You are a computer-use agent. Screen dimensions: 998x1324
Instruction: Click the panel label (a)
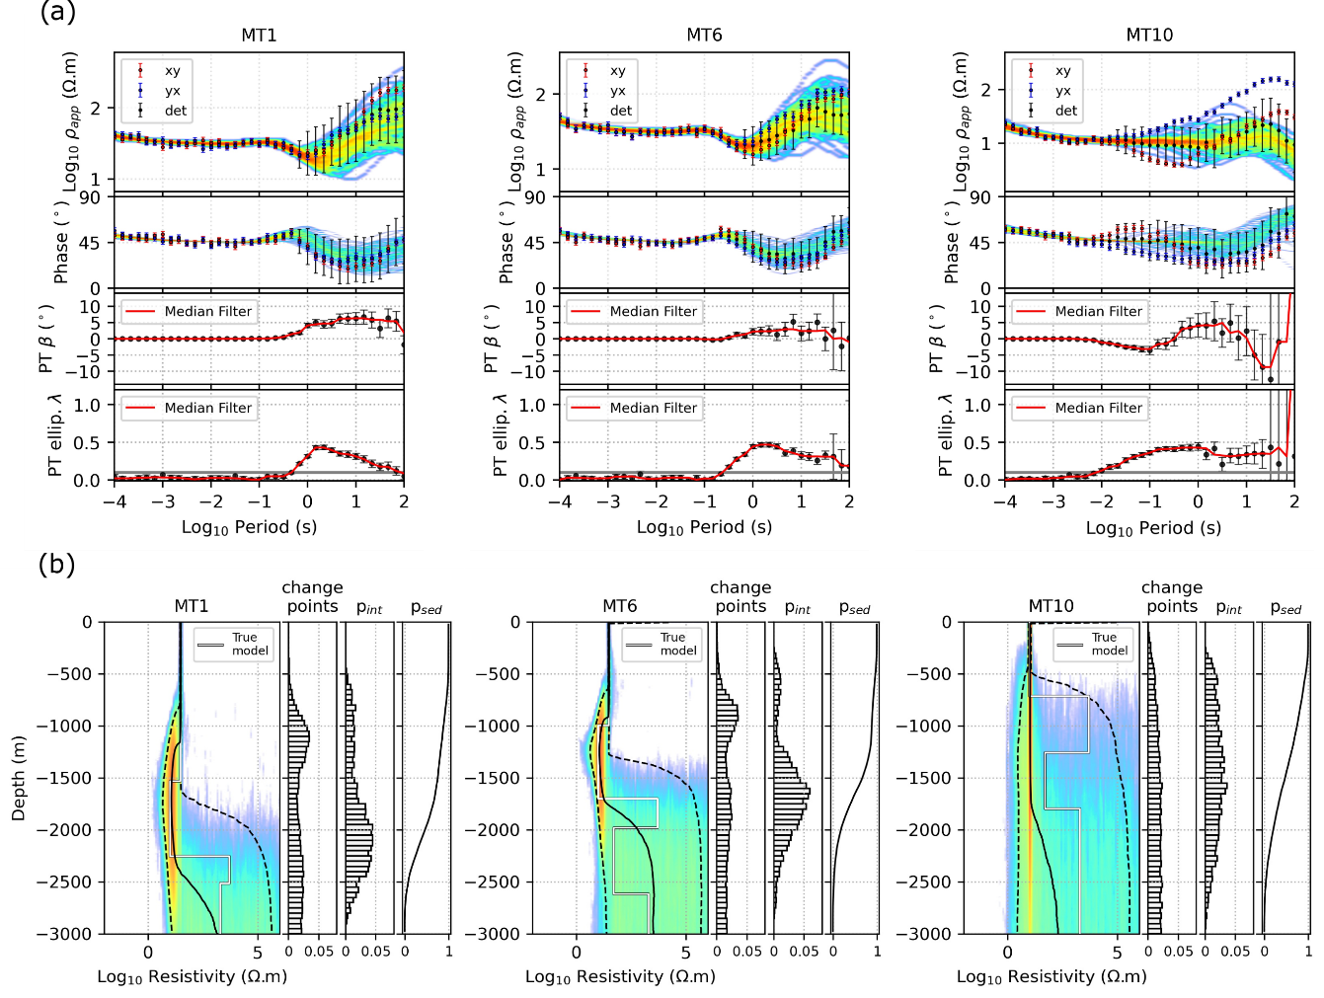[x=56, y=13]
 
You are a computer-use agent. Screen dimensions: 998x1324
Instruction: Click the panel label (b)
[x=56, y=564]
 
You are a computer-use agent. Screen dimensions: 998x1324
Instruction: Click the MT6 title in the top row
[x=704, y=36]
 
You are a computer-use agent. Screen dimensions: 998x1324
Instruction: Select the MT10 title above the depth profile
[x=1051, y=606]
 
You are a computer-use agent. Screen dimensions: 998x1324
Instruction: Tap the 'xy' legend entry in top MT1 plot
[x=173, y=71]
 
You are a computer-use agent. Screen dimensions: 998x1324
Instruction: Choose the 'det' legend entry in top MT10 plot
[x=1066, y=111]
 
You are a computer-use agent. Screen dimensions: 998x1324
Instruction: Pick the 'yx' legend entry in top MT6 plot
[x=618, y=91]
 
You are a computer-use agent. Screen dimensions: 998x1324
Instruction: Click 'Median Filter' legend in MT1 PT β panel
[x=207, y=311]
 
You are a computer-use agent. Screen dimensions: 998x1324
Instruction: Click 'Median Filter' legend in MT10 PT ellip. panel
[x=1098, y=408]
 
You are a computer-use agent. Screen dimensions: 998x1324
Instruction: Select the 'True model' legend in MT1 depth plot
[x=250, y=644]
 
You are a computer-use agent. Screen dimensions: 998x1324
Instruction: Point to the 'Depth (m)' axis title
[x=19, y=778]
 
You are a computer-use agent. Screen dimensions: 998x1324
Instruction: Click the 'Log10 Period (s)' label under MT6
[x=704, y=527]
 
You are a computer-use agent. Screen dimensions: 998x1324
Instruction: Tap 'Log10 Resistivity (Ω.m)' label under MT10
[x=1051, y=976]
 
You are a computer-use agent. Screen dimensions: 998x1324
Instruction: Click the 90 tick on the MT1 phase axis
[x=90, y=197]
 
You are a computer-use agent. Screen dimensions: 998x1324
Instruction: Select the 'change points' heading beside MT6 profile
[x=740, y=597]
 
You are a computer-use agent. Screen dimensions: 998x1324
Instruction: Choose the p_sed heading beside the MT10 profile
[x=1285, y=608]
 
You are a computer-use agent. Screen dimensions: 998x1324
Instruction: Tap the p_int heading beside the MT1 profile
[x=369, y=608]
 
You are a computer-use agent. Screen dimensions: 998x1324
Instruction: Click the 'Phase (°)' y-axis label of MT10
[x=952, y=243]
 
